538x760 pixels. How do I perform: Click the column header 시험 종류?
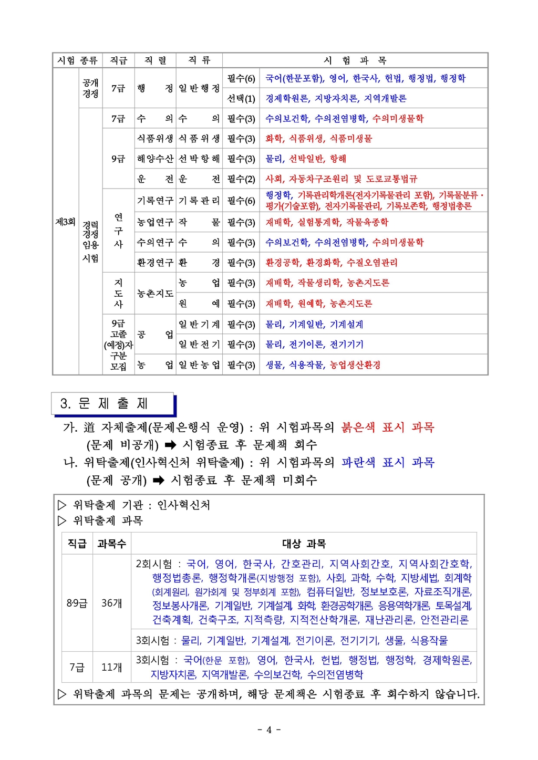pos(78,60)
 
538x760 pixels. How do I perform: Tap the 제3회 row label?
pos(66,222)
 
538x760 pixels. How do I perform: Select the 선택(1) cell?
pos(241,98)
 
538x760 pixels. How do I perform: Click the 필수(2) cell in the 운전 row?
pos(241,179)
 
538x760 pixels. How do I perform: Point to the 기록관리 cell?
pos(199,201)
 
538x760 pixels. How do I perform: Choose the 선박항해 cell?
pos(199,159)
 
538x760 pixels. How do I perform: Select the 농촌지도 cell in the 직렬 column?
pos(155,293)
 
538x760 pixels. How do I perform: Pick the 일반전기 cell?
pos(199,345)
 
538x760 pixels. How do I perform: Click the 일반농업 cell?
pos(199,365)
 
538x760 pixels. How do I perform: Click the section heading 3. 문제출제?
pos(105,403)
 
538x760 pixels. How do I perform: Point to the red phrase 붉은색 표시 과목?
pos(388,428)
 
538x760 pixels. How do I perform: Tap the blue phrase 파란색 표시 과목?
pos(388,463)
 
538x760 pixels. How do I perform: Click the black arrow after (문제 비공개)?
pos(170,445)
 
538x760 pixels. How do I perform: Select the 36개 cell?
pos(112,603)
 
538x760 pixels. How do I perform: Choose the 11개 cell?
pos(112,667)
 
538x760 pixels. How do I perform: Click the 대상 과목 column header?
pos(304,544)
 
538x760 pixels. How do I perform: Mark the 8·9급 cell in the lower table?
pos(77,603)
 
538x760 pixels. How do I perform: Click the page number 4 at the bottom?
pos(269,730)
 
